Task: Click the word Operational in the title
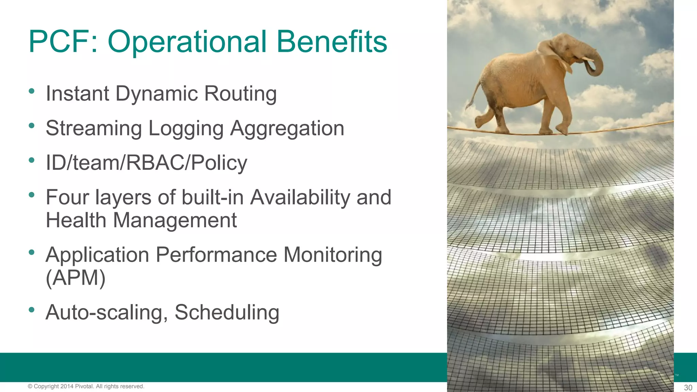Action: [187, 42]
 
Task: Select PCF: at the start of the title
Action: [63, 42]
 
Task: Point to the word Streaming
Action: [94, 128]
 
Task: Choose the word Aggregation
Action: [287, 128]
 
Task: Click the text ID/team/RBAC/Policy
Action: [146, 163]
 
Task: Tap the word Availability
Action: [300, 197]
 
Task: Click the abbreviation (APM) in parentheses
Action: [76, 278]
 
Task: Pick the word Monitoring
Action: [333, 255]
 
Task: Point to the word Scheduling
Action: [227, 312]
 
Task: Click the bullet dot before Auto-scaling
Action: [32, 310]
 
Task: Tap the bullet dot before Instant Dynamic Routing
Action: [32, 91]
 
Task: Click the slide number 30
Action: [688, 388]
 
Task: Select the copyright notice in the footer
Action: [86, 386]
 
